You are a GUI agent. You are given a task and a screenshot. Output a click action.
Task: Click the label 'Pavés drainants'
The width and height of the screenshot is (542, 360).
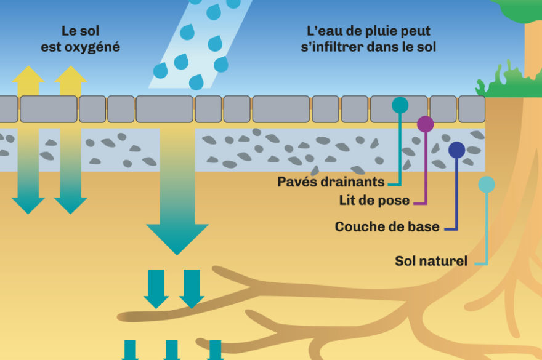coord(331,182)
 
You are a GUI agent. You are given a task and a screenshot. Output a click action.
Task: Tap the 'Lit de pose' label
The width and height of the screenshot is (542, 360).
coord(374,201)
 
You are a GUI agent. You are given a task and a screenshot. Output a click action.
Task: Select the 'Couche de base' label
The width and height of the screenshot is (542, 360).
coord(387,226)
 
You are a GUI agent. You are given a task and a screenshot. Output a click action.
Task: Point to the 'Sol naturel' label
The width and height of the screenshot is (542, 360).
coord(431,261)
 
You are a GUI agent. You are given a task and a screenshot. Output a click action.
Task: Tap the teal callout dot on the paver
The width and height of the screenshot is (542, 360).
coord(400,105)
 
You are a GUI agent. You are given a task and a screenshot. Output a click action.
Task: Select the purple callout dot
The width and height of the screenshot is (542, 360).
coord(425,124)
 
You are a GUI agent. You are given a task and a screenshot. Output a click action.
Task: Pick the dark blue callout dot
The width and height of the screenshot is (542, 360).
coord(456,150)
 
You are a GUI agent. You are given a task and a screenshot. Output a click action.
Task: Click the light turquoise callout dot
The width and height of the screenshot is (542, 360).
coord(487,185)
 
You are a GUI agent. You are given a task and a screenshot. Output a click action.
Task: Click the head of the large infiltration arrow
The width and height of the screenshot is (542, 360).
coord(177,238)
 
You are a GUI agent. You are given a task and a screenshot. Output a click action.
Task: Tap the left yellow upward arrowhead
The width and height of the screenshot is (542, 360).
coord(28,74)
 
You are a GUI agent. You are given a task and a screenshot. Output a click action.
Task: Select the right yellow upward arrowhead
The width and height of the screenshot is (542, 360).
coord(70,74)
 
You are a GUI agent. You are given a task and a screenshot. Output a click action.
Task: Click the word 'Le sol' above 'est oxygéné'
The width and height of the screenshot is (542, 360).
coord(81,31)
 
